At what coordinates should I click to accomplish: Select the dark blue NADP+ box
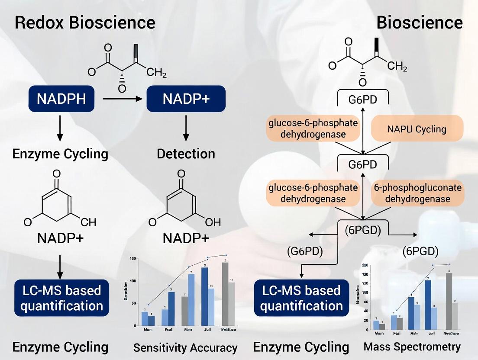point(186,99)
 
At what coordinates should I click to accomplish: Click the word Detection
point(186,154)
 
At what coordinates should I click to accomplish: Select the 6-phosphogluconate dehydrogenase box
point(417,193)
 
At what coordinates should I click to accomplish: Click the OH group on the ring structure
point(213,222)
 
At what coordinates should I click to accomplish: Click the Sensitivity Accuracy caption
point(185,348)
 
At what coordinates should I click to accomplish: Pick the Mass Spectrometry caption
point(412,347)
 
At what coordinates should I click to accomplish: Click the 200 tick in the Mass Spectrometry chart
point(365,265)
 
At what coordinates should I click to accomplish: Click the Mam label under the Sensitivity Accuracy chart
point(148,330)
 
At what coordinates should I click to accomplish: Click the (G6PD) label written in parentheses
point(302,251)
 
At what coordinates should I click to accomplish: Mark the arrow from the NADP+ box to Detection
point(186,129)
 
